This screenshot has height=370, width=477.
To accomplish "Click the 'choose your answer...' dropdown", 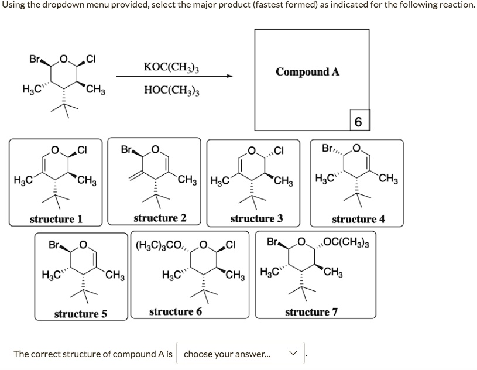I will (x=242, y=354).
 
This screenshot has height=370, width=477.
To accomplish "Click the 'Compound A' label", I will (x=307, y=72).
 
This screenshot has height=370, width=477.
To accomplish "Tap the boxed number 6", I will (x=358, y=121).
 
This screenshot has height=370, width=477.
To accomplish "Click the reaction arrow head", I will (x=229, y=76).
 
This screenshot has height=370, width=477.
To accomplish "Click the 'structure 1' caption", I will (x=56, y=219).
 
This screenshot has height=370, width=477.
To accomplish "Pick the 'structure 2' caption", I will (x=160, y=218).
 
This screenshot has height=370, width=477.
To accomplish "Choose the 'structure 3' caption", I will (x=256, y=219).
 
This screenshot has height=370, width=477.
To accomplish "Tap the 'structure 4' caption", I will (x=358, y=220).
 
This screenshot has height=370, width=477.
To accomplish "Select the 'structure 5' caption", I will (x=80, y=314).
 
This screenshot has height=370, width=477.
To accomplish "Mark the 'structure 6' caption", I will (x=176, y=311).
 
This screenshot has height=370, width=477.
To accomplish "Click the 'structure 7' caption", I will (x=311, y=312).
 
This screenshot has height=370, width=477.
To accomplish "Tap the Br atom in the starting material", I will (x=35, y=59).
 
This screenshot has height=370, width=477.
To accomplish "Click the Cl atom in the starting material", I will (x=91, y=59).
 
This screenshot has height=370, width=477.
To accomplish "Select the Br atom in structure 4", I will (x=329, y=150).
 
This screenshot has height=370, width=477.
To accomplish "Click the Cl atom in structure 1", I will (x=83, y=150).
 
